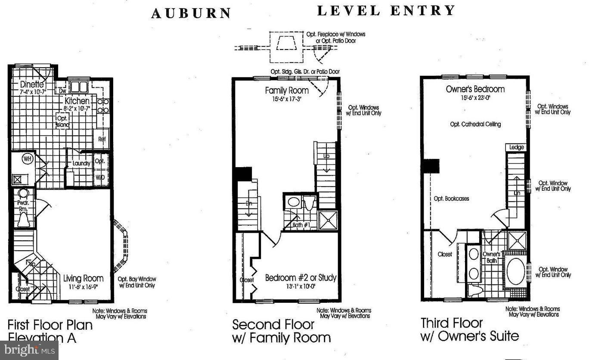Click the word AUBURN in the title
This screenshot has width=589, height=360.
(x=191, y=13)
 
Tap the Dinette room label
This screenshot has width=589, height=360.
(x=32, y=85)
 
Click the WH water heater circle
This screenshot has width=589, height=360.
(x=28, y=159)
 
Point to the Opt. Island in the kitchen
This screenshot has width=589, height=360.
(x=62, y=121)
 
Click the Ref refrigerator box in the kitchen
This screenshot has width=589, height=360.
(x=102, y=139)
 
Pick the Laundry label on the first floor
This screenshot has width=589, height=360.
(x=81, y=164)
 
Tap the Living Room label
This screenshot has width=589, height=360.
(x=83, y=278)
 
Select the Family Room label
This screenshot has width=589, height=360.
(x=286, y=90)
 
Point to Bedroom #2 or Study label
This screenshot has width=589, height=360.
(x=301, y=277)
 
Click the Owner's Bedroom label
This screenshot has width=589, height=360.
(x=475, y=89)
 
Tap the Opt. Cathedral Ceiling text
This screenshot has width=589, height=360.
(x=475, y=124)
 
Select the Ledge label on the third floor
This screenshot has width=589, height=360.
(x=516, y=147)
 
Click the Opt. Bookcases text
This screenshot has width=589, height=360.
(x=451, y=199)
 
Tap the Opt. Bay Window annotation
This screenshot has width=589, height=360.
(x=137, y=282)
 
